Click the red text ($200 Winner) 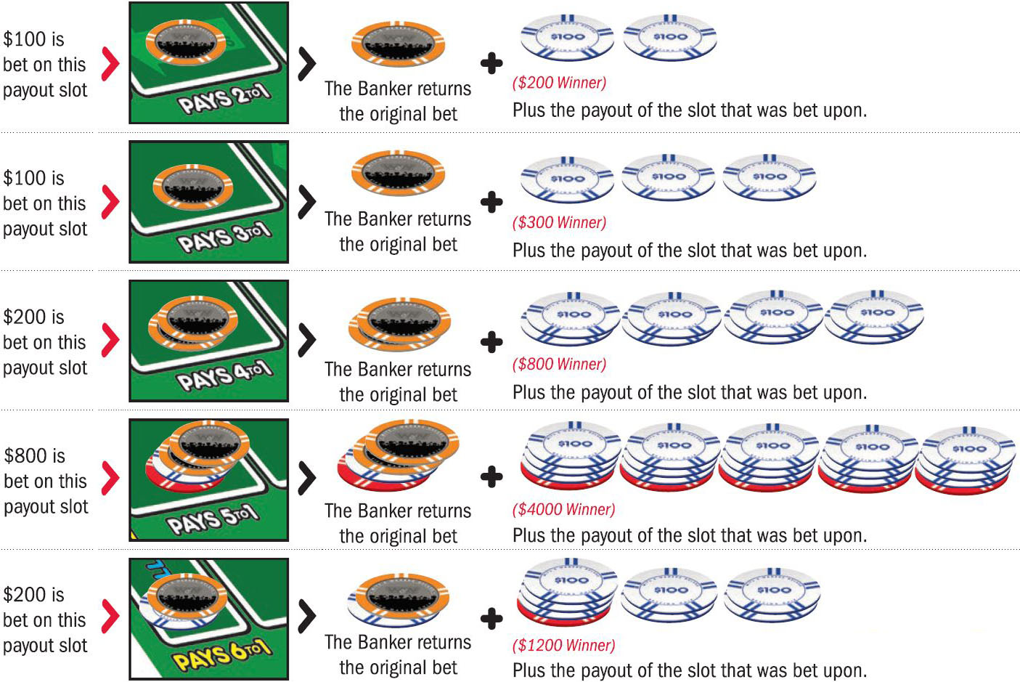click(559, 83)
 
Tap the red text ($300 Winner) click(559, 223)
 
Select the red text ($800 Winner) click(559, 365)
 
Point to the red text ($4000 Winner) click(563, 510)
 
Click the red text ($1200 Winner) click(563, 646)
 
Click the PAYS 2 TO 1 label click(224, 100)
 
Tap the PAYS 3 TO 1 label click(224, 238)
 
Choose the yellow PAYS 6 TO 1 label click(221, 654)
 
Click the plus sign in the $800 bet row click(491, 477)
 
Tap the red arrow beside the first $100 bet click(110, 64)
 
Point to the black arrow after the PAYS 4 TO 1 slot click(307, 339)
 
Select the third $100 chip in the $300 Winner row click(770, 178)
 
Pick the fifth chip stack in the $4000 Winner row click(967, 460)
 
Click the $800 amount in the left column click(35, 456)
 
